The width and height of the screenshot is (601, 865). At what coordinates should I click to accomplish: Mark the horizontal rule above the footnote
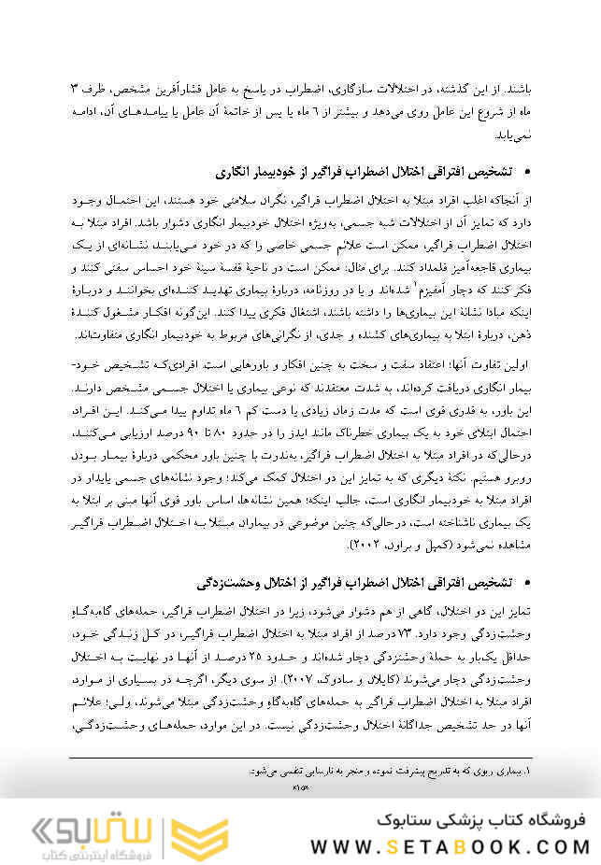299,759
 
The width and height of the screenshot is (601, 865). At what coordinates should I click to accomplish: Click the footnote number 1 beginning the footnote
526,772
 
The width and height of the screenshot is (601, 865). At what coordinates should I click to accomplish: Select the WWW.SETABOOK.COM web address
450,847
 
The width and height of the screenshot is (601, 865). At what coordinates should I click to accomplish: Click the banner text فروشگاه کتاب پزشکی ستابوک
477,820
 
